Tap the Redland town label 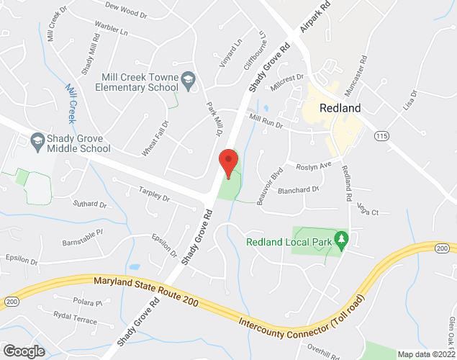pyautogui.click(x=335, y=107)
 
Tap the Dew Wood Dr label pyautogui.click(x=125, y=12)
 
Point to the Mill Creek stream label pyautogui.click(x=71, y=102)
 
